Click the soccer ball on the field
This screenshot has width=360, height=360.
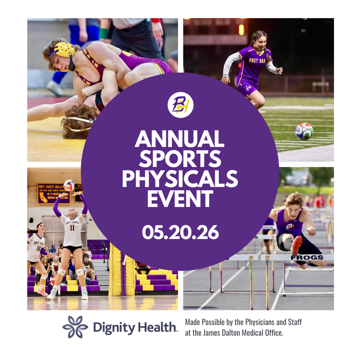pyautogui.click(x=304, y=131)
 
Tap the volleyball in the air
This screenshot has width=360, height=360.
pyautogui.click(x=69, y=185)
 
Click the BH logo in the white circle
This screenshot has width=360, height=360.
pyautogui.click(x=180, y=105)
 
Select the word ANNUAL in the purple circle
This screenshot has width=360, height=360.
pyautogui.click(x=180, y=139)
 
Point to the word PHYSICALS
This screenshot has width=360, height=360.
pyautogui.click(x=180, y=179)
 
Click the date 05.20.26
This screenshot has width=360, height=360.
pyautogui.click(x=180, y=233)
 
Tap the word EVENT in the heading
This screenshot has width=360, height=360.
pyautogui.click(x=180, y=199)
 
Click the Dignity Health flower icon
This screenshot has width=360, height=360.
pyautogui.click(x=75, y=327)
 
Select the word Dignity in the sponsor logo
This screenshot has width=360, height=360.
pyautogui.click(x=114, y=328)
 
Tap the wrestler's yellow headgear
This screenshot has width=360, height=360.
pyautogui.click(x=65, y=50)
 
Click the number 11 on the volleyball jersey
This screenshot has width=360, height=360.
pyautogui.click(x=72, y=228)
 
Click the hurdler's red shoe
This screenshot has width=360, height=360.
pyautogui.click(x=296, y=245)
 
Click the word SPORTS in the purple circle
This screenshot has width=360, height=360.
pyautogui.click(x=180, y=159)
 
